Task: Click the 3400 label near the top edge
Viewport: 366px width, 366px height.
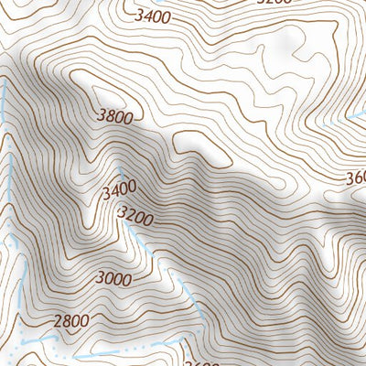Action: click(151, 16)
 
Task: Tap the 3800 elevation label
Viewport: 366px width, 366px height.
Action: click(114, 116)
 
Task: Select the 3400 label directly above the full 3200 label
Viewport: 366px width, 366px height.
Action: click(119, 189)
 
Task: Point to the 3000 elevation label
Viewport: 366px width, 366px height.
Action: click(113, 278)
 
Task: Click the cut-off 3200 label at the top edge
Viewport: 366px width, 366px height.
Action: click(274, 2)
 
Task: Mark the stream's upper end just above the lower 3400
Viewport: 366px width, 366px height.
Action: click(120, 171)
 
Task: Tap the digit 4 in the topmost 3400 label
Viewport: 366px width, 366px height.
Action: click(146, 16)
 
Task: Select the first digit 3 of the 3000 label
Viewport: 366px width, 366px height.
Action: click(99, 279)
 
